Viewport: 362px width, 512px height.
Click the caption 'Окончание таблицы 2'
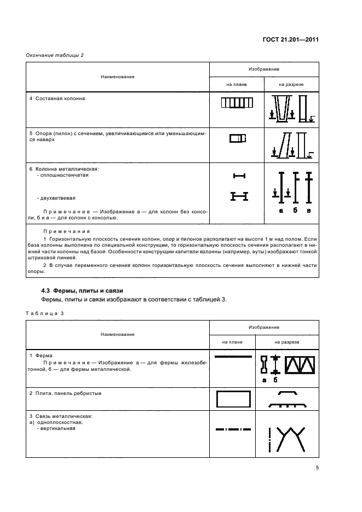pyautogui.click(x=55, y=55)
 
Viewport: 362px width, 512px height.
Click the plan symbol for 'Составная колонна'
pyautogui.click(x=237, y=103)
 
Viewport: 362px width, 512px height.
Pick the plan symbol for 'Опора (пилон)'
pyautogui.click(x=237, y=139)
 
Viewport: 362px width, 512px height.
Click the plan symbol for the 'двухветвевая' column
pyautogui.click(x=239, y=195)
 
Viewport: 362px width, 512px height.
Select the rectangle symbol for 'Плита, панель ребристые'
pyautogui.click(x=233, y=399)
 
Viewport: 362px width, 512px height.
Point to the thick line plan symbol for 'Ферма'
pyautogui.click(x=233, y=357)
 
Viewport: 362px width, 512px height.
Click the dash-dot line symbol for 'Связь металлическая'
pyautogui.click(x=233, y=430)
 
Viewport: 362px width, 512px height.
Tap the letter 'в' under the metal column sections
pyautogui.click(x=309, y=211)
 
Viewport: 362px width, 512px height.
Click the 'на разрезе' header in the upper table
pyautogui.click(x=291, y=84)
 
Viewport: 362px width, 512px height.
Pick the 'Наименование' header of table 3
pyautogui.click(x=118, y=334)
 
